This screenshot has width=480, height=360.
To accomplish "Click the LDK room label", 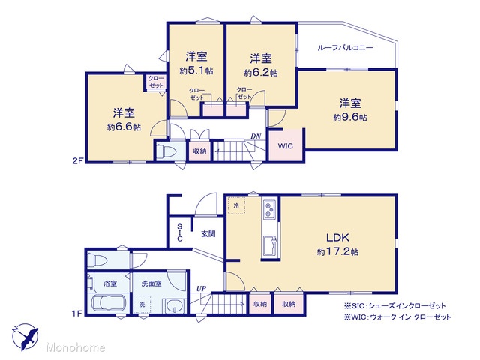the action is pyautogui.click(x=337, y=238).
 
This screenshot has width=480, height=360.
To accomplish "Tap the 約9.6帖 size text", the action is pyautogui.click(x=350, y=118).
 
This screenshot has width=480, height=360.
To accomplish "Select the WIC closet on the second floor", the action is pyautogui.click(x=286, y=145).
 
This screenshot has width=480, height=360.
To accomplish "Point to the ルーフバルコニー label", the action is pyautogui.click(x=345, y=48).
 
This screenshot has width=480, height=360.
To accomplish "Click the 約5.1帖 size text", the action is pyautogui.click(x=196, y=71).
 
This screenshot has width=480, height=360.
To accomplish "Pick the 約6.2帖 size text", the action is pyautogui.click(x=261, y=73).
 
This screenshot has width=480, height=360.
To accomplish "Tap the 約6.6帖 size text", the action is pyautogui.click(x=124, y=127).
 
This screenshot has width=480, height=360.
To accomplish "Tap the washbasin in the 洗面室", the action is pyautogui.click(x=175, y=306).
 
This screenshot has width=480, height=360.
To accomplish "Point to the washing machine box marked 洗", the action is pyautogui.click(x=142, y=304).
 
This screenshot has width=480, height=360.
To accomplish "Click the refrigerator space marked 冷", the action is pyautogui.click(x=237, y=205).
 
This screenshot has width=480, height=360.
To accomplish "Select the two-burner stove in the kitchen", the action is pyautogui.click(x=269, y=210).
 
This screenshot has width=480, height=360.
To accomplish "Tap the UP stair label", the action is pyautogui.click(x=201, y=288).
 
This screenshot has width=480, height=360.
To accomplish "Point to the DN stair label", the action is pyautogui.click(x=256, y=136).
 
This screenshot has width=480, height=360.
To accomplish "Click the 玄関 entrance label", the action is pyautogui.click(x=208, y=234).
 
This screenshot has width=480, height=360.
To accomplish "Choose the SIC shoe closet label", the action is pyautogui.click(x=180, y=232).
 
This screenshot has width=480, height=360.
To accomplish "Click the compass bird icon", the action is pyautogui.click(x=25, y=337).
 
